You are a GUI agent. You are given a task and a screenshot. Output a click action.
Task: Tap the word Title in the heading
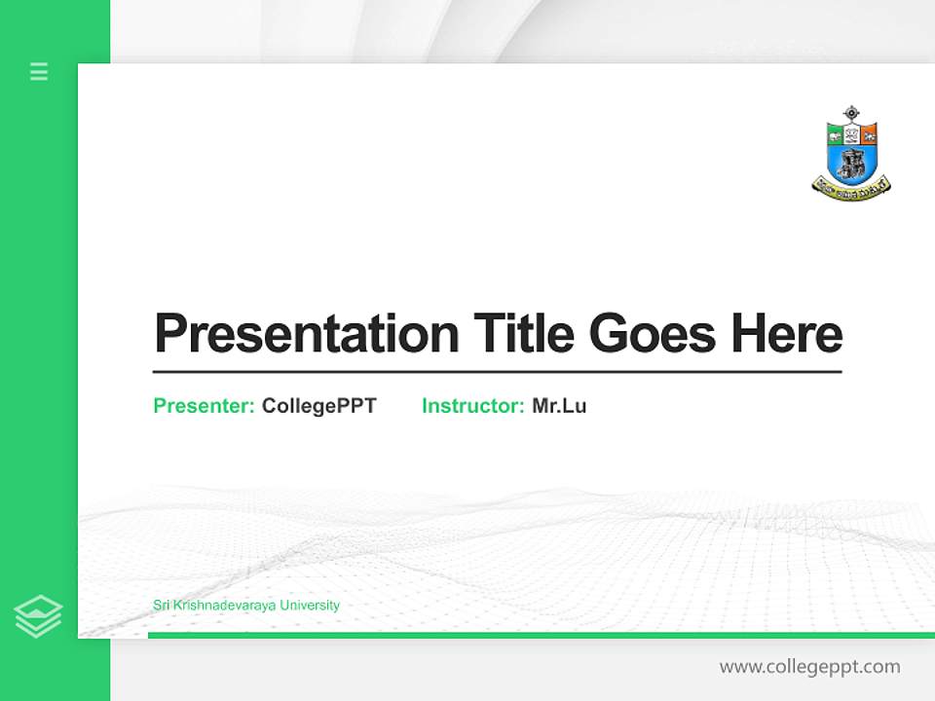tap(524, 334)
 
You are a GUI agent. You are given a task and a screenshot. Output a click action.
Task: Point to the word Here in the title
tap(787, 334)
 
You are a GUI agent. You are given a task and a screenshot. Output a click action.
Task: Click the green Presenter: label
tap(205, 406)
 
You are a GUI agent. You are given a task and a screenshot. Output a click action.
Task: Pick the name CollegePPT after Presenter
tap(319, 406)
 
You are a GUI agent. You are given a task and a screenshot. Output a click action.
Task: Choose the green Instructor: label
tap(473, 406)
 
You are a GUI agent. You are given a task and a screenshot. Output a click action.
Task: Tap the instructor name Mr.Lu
tap(559, 406)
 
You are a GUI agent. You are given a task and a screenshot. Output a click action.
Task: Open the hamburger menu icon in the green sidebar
tap(39, 71)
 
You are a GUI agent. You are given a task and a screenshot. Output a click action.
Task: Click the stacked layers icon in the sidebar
tap(38, 616)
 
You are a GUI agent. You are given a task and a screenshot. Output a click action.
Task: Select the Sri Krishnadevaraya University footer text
tap(246, 606)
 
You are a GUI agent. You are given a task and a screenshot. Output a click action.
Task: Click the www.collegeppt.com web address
tap(809, 667)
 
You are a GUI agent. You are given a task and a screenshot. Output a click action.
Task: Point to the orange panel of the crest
tap(869, 134)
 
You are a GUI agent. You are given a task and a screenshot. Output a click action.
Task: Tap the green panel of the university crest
tap(835, 134)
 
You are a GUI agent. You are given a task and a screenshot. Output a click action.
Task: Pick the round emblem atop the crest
tap(852, 112)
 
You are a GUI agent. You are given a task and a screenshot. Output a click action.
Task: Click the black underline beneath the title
tap(497, 372)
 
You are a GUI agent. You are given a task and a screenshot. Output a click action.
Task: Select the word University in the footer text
tap(310, 606)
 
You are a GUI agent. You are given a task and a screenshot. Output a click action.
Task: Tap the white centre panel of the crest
tap(852, 134)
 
